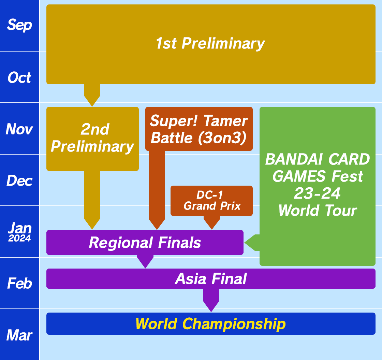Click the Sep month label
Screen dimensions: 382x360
tap(19, 25)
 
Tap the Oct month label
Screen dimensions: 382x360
tap(19, 78)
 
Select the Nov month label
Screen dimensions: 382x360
tap(19, 129)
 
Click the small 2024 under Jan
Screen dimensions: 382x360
tap(19, 239)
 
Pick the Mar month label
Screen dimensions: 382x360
tap(19, 335)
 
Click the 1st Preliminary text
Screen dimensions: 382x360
tap(210, 44)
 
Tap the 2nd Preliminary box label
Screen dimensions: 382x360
tap(92, 138)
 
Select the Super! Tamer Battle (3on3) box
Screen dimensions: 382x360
tap(199, 129)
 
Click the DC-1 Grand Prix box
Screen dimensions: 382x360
tap(212, 200)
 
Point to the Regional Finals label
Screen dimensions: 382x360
tap(145, 243)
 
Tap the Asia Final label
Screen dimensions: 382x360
tap(211, 279)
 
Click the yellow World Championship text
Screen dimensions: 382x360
tap(210, 324)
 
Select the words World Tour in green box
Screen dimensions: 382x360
tap(317, 211)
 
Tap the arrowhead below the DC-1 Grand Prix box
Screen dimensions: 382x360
tap(212, 223)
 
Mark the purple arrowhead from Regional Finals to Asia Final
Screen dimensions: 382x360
tap(145, 262)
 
